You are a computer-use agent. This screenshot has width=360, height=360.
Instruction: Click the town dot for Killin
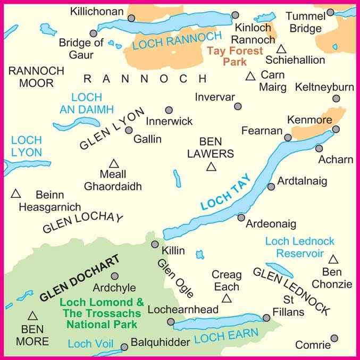coord(155,244)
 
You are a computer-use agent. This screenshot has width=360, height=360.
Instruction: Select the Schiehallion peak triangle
coord(281,48)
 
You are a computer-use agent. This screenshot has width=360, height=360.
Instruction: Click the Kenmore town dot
coord(336,129)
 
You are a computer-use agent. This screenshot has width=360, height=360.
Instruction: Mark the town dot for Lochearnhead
coord(171,322)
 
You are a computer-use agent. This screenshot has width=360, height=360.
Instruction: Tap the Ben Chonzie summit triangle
coord(333,259)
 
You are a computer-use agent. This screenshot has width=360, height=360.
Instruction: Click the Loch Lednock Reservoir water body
coord(279,270)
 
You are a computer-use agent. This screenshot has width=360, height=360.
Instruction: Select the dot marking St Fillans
coord(266,318)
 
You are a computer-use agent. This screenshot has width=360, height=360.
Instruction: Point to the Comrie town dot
coord(334,338)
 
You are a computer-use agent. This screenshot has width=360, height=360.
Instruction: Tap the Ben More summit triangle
coord(32,316)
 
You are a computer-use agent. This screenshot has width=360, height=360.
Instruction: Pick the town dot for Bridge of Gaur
coord(94,34)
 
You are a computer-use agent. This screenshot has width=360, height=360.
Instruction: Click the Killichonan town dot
coord(131,18)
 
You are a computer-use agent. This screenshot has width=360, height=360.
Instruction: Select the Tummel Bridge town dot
coord(330,12)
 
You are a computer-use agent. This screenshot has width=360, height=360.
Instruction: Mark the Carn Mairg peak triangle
coord(250,77)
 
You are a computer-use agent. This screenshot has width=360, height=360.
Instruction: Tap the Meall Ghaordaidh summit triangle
coord(113,163)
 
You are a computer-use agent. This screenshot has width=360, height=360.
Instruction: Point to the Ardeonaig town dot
coord(241,217)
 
